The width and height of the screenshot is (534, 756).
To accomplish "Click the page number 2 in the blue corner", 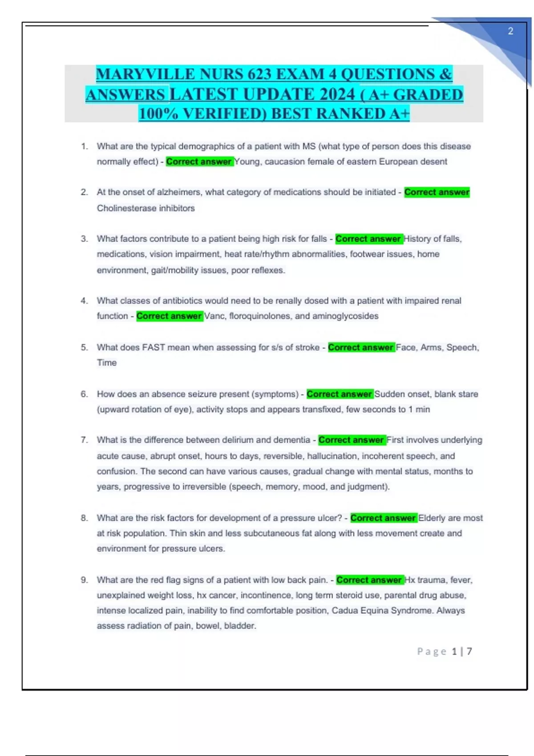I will (510, 31).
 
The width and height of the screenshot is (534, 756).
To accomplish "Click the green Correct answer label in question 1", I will (199, 161).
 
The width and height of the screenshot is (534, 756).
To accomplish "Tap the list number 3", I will (84, 239).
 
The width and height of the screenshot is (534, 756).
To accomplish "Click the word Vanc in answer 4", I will (214, 316).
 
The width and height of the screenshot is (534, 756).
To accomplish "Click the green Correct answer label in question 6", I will (340, 394).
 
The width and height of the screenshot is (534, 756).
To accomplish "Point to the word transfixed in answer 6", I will (321, 409).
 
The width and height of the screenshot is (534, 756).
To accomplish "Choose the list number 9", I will (84, 580).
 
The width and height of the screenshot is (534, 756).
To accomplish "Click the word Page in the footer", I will (432, 651).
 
